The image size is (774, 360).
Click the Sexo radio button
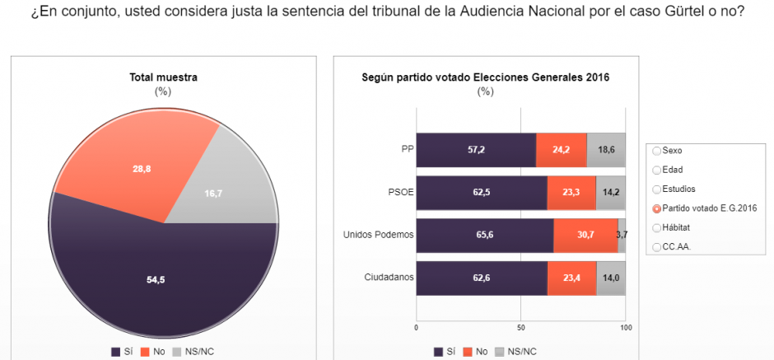click(656, 151)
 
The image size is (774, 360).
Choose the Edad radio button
click(656, 170)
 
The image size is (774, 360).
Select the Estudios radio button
click(656, 189)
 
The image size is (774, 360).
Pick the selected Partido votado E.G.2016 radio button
click(656, 208)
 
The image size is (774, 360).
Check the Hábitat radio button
click(656, 227)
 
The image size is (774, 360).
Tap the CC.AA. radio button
click(656, 247)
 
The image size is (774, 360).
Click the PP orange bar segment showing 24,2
click(562, 150)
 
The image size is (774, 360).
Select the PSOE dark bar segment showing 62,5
click(482, 193)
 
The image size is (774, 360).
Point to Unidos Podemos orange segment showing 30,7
click(585, 236)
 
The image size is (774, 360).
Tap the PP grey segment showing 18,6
click(606, 150)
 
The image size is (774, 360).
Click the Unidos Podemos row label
click(378, 235)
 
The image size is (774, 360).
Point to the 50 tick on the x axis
click(520, 327)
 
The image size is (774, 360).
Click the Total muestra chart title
click(163, 77)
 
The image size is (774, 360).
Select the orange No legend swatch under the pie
click(145, 352)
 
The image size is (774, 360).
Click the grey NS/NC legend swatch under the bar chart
click(500, 352)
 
